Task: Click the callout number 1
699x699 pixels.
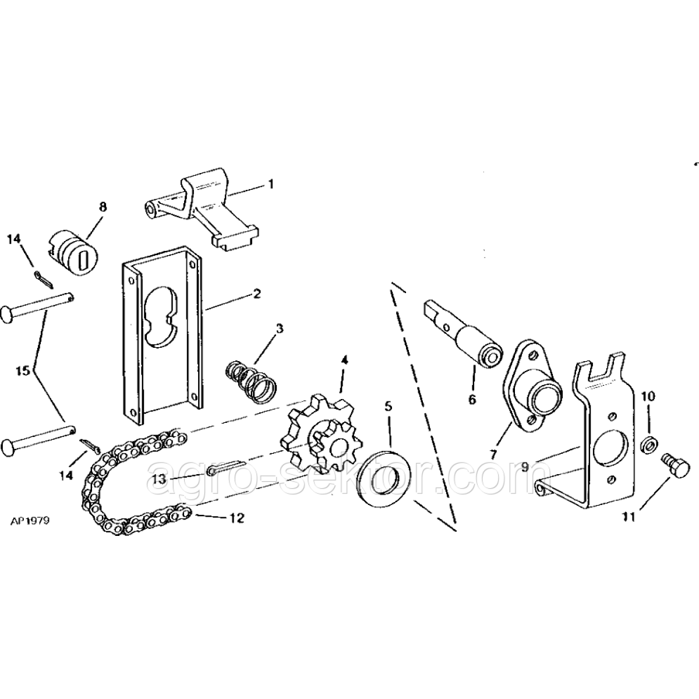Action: pyautogui.click(x=270, y=184)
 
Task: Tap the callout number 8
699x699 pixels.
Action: pyautogui.click(x=103, y=207)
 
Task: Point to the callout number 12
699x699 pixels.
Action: pyautogui.click(x=236, y=518)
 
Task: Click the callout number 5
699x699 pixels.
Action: pyautogui.click(x=388, y=407)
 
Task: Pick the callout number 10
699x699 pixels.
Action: pyautogui.click(x=649, y=396)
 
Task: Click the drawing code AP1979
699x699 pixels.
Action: pyautogui.click(x=30, y=521)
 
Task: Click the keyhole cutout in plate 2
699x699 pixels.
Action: pyautogui.click(x=160, y=316)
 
